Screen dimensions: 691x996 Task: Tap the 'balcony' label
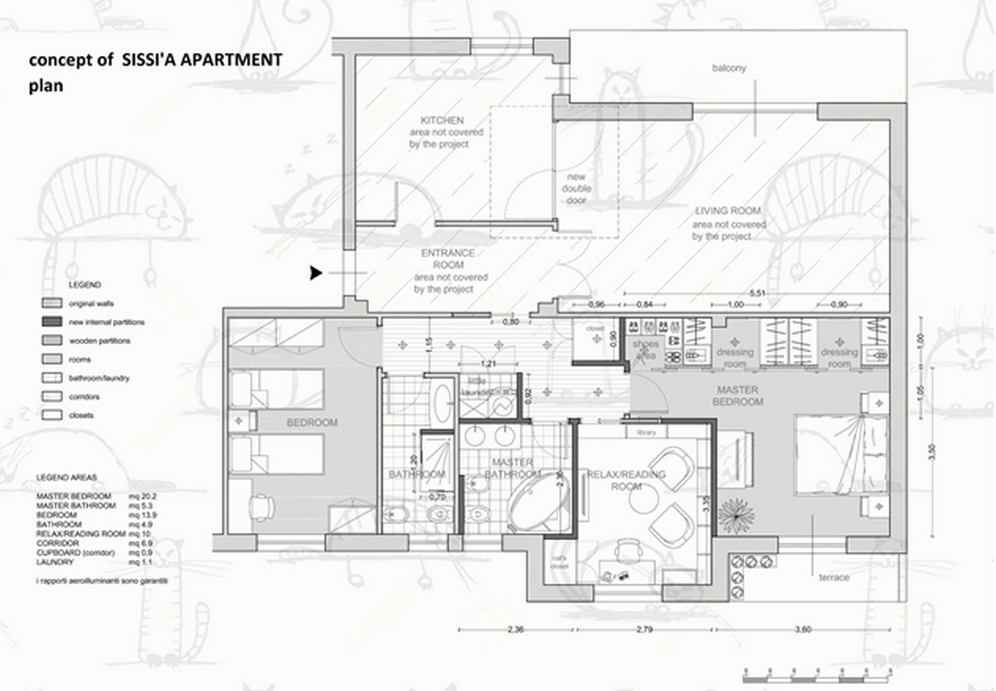pos(728,68)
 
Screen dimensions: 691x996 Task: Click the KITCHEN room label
pos(442,121)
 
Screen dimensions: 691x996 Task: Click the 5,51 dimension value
pos(757,293)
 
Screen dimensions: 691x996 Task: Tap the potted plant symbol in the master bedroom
pos(737,513)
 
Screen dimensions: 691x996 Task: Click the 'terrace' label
pos(834,577)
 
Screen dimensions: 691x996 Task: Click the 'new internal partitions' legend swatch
pos(52,322)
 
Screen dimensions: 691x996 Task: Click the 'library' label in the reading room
pos(645,432)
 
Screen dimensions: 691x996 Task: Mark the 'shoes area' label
pos(645,349)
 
